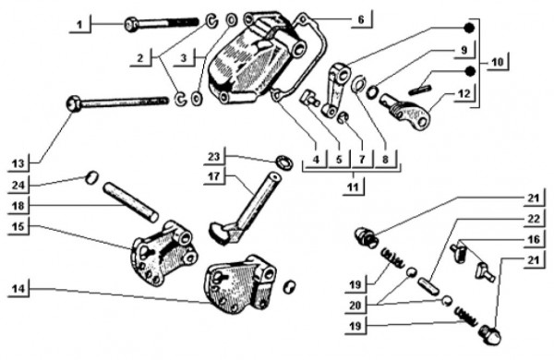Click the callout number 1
79,25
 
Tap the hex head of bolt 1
131,24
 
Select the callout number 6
361,19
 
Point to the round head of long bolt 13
74,104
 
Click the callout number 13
18,164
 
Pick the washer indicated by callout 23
284,162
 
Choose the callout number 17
214,175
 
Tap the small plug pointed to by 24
91,176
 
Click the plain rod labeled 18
131,202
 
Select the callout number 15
18,226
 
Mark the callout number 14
18,289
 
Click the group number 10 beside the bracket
497,62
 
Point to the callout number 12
464,93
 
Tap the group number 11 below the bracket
353,186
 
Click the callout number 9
464,50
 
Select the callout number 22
534,219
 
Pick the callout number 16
534,239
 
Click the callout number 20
355,305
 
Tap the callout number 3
184,58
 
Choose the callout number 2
140,58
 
